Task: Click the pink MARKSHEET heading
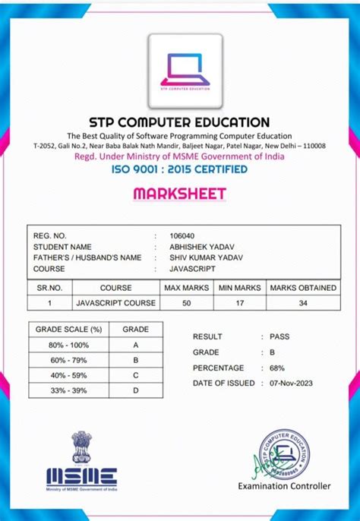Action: (x=179, y=194)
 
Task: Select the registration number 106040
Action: (x=182, y=236)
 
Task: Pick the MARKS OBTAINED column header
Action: (x=303, y=288)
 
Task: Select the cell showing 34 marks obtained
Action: (x=303, y=303)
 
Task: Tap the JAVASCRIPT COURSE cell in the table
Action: (x=115, y=303)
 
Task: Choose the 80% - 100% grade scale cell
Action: (x=69, y=344)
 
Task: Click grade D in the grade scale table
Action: (x=136, y=390)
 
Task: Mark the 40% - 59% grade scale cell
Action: (x=69, y=375)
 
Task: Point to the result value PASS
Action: (x=279, y=336)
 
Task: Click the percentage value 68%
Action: (x=279, y=368)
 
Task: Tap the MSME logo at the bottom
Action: (x=82, y=476)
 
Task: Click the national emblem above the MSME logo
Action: (x=81, y=447)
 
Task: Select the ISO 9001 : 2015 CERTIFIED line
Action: (x=179, y=169)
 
